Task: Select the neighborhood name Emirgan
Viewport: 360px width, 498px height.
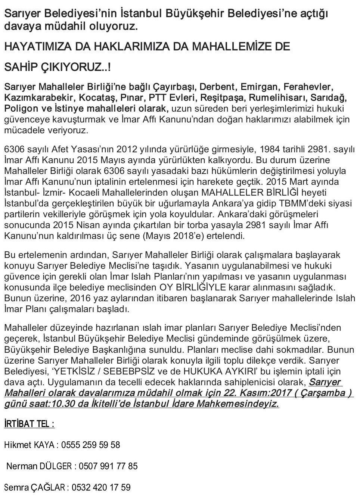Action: click(260, 87)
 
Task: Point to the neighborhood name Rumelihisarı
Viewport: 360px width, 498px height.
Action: click(276, 98)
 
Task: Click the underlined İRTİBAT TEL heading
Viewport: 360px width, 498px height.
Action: click(29, 424)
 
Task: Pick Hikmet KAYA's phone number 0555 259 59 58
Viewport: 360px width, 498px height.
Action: click(90, 445)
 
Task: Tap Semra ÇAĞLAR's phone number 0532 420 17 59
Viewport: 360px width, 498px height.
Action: click(101, 488)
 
